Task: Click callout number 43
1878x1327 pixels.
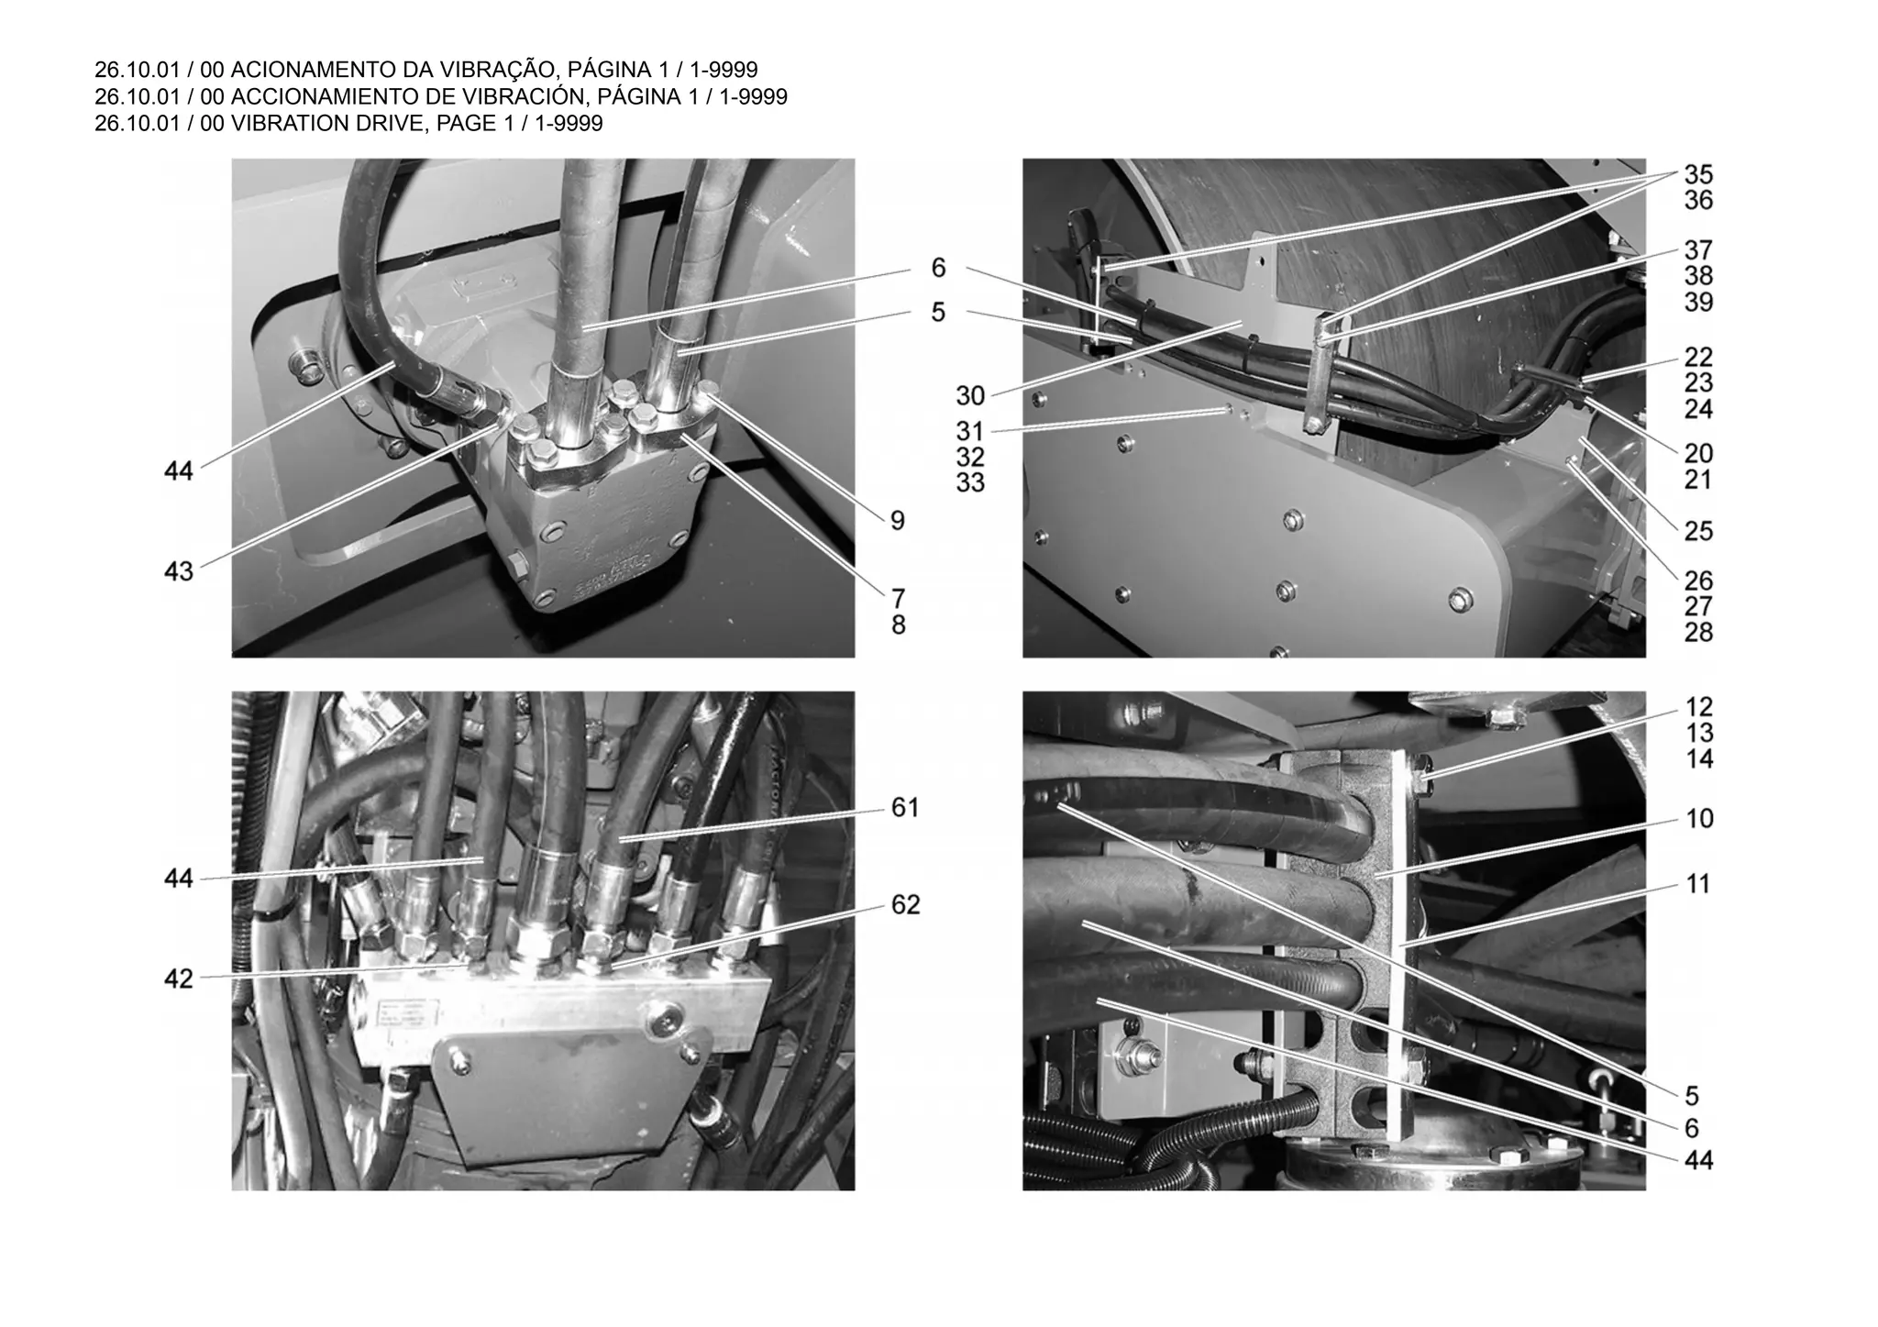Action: click(x=179, y=571)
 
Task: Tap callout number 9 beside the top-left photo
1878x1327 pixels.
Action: click(x=898, y=521)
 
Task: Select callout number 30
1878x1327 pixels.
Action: click(x=970, y=396)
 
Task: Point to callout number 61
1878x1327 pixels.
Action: click(x=905, y=808)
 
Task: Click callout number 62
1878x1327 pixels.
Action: click(x=905, y=905)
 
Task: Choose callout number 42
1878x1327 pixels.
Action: click(x=179, y=979)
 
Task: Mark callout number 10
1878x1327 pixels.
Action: click(x=1699, y=819)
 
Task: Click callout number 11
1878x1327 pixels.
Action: click(x=1698, y=885)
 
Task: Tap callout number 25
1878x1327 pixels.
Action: click(x=1698, y=531)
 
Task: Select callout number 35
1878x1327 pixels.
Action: click(x=1698, y=174)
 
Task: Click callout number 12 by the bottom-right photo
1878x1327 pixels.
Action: click(x=1699, y=707)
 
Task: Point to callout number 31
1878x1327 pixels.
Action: click(x=970, y=431)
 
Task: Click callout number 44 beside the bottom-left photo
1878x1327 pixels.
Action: click(x=179, y=879)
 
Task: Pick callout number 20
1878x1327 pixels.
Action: click(x=1698, y=453)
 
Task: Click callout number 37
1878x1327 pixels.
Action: click(x=1698, y=250)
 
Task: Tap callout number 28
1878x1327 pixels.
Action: click(x=1698, y=633)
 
